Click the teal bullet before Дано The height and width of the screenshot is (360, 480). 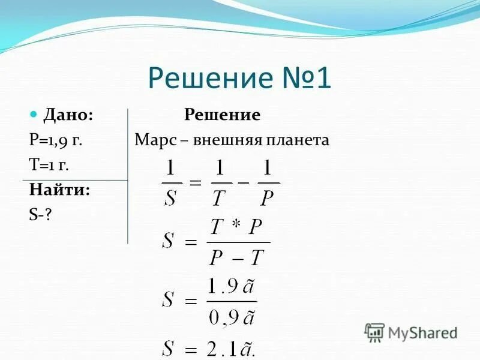pos(34,113)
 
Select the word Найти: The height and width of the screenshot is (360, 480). pos(59,190)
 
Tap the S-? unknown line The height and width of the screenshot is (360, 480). pos(40,214)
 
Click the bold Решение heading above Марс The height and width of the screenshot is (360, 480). pos(222,115)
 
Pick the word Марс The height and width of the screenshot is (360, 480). pos(154,140)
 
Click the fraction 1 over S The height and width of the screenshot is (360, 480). pos(171,183)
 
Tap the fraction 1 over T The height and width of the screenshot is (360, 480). pos(220,183)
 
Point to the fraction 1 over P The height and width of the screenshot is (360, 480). pos(268,183)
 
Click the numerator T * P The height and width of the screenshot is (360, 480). pos(236,227)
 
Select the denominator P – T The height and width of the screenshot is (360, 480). pos(236,257)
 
